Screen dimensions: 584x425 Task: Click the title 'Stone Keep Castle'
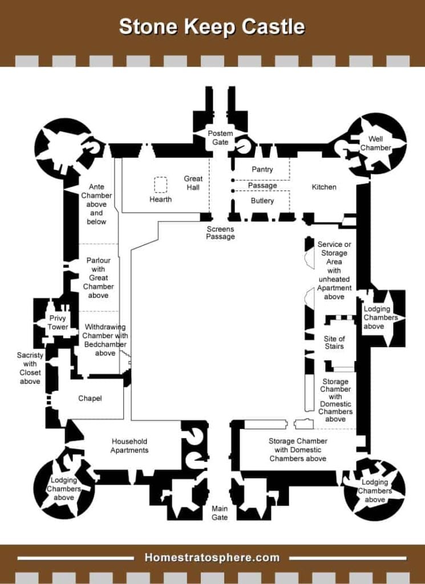coord(212,27)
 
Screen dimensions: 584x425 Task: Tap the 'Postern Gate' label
coord(220,137)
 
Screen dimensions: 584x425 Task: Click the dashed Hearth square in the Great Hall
coord(160,185)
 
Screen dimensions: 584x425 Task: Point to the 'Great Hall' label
coord(193,183)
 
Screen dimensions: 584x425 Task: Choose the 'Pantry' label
coord(262,169)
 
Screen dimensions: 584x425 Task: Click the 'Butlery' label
coord(262,201)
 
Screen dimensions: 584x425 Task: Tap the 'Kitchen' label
coord(324,187)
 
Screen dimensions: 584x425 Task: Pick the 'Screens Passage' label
coord(220,232)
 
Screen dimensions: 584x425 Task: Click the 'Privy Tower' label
coord(58,323)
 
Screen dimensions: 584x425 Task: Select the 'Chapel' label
coord(90,398)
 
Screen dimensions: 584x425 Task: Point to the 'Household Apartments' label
coord(129,445)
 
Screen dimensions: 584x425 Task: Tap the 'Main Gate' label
coord(220,513)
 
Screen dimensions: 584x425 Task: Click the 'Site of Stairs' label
coord(334,342)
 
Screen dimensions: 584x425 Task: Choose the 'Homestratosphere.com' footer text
coord(212,557)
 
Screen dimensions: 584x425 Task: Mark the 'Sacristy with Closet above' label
coord(30,368)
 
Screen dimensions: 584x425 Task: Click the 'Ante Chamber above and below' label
coord(96,204)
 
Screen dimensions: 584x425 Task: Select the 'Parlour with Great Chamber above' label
coord(98,278)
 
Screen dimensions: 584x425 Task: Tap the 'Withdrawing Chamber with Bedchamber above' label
coord(105,340)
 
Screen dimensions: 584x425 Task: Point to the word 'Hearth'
coord(160,200)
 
